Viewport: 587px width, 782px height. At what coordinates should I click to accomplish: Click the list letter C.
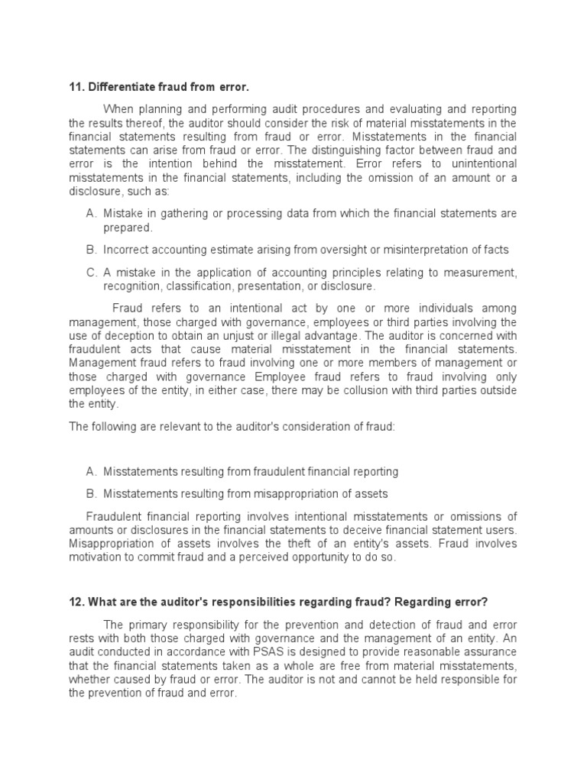point(91,273)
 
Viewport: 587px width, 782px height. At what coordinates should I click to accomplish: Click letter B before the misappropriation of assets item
point(91,493)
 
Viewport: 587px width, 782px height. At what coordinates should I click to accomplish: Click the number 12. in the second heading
point(77,601)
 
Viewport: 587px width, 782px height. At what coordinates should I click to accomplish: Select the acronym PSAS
point(248,651)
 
